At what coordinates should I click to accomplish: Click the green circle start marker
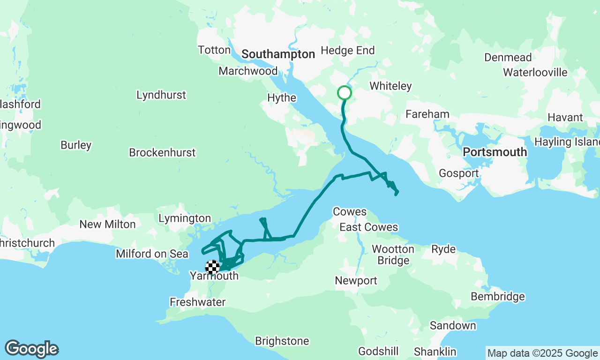(345, 93)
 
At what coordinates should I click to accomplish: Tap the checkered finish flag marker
(212, 267)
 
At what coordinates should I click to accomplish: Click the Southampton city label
(278, 54)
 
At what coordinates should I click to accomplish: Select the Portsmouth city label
(495, 152)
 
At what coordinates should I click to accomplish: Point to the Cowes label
(349, 212)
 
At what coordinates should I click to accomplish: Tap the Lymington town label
(185, 218)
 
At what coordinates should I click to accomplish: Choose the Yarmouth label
(214, 276)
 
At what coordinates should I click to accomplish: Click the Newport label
(356, 281)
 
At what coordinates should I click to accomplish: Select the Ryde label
(443, 249)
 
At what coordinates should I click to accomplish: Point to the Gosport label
(458, 173)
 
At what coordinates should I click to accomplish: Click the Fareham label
(427, 114)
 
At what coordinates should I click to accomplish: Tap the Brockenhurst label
(162, 153)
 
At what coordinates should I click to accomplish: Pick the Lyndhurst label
(161, 95)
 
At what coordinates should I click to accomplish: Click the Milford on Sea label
(152, 254)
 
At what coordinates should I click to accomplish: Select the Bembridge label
(498, 297)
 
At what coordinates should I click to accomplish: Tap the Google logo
(31, 349)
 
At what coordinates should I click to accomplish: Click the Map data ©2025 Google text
(542, 353)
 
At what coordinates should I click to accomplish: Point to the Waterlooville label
(535, 73)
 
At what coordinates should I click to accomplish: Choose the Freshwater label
(198, 302)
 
